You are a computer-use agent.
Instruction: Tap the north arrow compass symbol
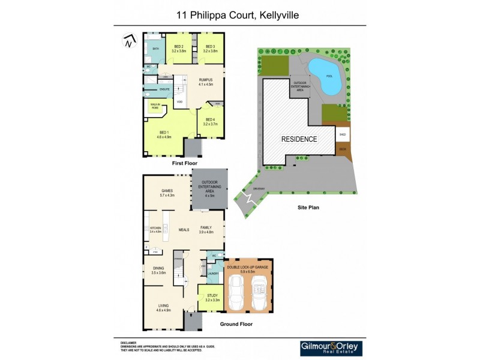point(128,41)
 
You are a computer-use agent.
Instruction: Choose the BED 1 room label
point(164,134)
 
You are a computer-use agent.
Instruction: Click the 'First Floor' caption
point(184,163)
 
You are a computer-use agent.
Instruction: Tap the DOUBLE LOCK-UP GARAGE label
point(247,268)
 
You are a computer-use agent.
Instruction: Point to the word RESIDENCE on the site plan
point(299,139)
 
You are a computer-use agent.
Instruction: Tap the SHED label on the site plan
point(343,135)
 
